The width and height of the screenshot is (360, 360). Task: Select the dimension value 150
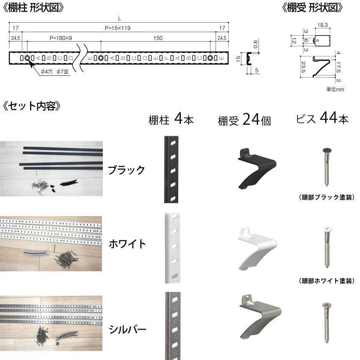(x=157, y=38)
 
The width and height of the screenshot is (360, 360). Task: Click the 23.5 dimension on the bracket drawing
(x=303, y=66)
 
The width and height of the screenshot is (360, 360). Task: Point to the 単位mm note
(x=335, y=89)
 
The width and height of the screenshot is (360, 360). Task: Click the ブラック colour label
(x=126, y=170)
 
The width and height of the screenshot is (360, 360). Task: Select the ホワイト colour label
(x=127, y=244)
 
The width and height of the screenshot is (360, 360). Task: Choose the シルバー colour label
(x=127, y=329)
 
